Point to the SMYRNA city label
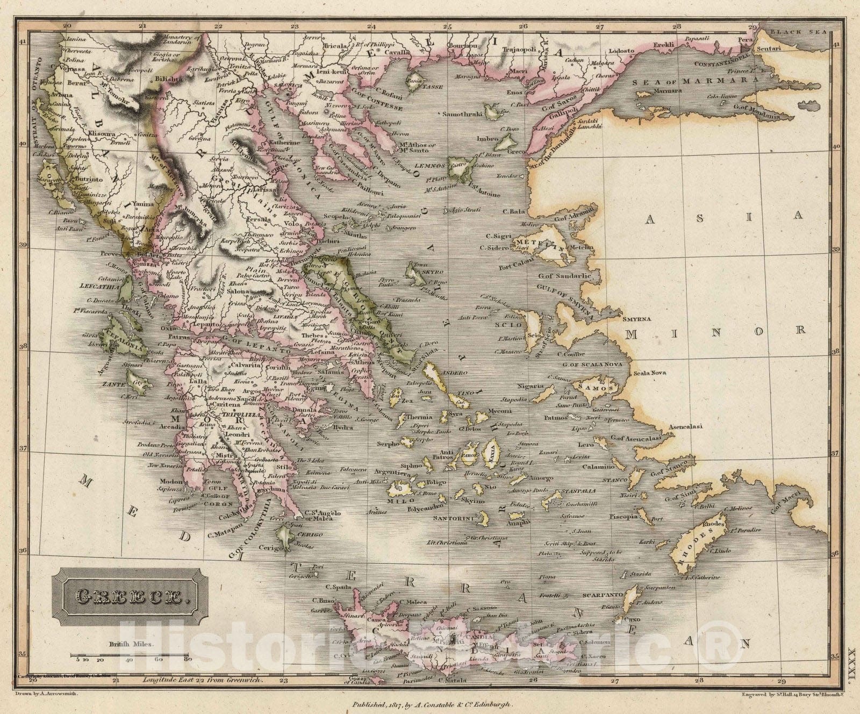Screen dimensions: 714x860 coord(637,319)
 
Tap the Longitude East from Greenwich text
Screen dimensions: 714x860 coord(204,681)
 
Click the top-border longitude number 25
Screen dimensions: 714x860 coord(447,26)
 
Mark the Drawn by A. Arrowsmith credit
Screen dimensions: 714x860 coord(48,695)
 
